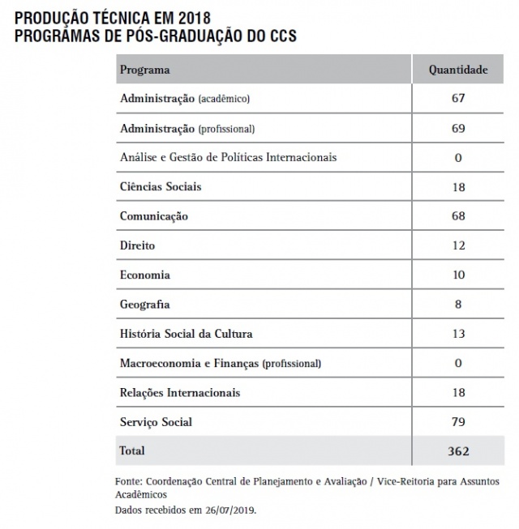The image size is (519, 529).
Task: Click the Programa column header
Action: pos(145,70)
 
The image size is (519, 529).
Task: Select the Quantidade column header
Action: pos(458,70)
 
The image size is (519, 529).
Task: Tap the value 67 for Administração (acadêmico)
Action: pos(458,99)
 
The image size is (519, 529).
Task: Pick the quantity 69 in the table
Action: pos(458,128)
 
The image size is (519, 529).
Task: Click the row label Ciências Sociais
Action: pos(161,186)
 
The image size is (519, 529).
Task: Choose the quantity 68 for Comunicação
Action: pos(458,216)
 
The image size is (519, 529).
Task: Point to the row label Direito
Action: pos(137,245)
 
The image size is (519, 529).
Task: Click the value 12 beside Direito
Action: pos(458,245)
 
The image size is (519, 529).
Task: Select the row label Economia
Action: pos(144,275)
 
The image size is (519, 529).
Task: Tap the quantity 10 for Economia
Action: pos(458,275)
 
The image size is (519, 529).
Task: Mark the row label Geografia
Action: pos(145,305)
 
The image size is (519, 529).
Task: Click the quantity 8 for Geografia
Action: pos(458,305)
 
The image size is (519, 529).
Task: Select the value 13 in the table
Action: pos(458,334)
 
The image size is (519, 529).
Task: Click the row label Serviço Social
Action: pos(156,422)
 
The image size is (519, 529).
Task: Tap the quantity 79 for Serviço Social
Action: pos(458,422)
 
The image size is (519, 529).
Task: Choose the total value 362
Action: pos(458,451)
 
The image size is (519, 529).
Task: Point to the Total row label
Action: pos(132,450)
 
